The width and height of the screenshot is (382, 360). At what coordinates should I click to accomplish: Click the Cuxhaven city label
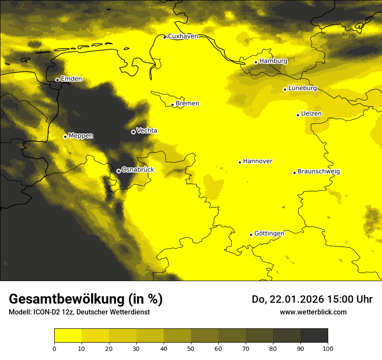tap(183, 36)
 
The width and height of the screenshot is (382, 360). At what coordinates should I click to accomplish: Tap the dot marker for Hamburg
tap(256, 62)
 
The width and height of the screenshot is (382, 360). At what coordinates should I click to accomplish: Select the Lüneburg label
tap(303, 88)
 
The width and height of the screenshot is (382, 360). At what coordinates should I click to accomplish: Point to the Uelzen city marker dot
tap(298, 115)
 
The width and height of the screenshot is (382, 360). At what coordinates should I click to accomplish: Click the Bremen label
tap(188, 104)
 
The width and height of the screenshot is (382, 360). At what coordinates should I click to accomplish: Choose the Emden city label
tap(71, 79)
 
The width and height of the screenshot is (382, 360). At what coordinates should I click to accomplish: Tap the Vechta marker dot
tap(133, 132)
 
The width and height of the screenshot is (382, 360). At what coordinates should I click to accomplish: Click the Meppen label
tap(81, 136)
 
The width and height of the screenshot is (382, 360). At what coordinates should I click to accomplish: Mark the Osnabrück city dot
tap(119, 171)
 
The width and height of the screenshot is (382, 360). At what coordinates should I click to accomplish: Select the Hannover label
tap(257, 161)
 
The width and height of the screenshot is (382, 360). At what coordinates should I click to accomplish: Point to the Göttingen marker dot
tap(251, 235)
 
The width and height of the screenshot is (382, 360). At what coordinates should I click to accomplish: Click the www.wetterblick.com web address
tap(313, 312)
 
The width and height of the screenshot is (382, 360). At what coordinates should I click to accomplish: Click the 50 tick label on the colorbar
tap(191, 348)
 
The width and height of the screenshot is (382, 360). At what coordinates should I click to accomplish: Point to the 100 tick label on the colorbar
tap(327, 348)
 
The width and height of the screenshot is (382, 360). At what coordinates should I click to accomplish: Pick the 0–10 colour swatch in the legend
tap(68, 336)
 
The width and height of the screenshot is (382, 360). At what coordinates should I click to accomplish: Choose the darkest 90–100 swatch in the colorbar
tap(314, 336)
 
